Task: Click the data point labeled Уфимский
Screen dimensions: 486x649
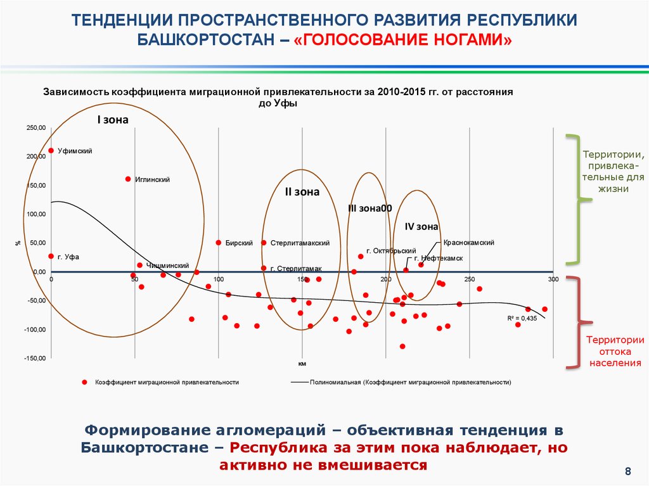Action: (51, 151)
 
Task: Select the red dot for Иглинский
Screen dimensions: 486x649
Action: (128, 179)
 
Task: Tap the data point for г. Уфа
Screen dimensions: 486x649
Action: (51, 256)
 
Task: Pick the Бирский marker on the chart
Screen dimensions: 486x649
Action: (219, 243)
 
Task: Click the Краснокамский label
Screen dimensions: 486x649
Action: (468, 243)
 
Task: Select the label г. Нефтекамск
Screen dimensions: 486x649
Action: (438, 259)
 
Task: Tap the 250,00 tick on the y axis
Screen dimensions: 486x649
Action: (35, 128)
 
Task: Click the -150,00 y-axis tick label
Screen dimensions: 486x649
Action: (35, 358)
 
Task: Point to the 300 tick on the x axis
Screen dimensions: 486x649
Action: (553, 279)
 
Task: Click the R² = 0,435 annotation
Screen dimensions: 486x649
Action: (522, 318)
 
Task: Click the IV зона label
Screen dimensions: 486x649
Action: (421, 226)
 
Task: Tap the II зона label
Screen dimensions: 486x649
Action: (302, 192)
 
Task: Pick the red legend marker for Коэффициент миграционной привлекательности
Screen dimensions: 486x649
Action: (84, 382)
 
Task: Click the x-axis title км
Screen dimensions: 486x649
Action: (302, 364)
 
